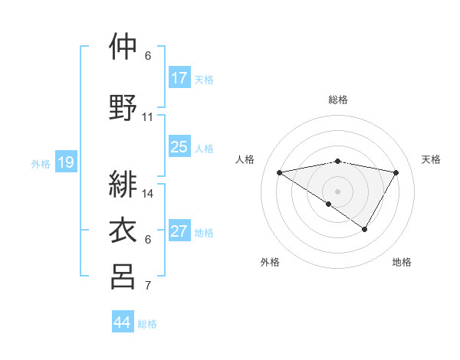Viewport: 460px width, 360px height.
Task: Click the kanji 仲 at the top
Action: (x=123, y=47)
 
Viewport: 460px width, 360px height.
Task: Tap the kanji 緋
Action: (x=123, y=185)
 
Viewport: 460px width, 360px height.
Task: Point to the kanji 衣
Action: (x=123, y=230)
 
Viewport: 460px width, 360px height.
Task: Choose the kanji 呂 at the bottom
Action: (x=123, y=276)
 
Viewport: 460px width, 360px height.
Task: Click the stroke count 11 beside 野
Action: (x=148, y=117)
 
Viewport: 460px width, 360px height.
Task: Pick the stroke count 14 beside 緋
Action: (x=148, y=194)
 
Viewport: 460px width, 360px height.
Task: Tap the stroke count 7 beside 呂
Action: (x=148, y=286)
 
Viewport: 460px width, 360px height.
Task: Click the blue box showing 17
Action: (x=179, y=78)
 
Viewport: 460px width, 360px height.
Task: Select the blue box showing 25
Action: (x=179, y=147)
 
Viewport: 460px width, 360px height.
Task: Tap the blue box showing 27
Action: (x=179, y=231)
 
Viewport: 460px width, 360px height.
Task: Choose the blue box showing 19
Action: (x=65, y=162)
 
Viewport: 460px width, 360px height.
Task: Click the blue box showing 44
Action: (x=123, y=322)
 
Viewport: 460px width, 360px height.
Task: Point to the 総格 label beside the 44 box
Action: (x=147, y=324)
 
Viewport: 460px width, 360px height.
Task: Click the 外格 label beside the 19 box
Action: (x=41, y=163)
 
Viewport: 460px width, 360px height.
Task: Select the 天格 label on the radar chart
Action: (x=431, y=159)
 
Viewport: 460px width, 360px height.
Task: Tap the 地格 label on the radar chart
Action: (x=402, y=263)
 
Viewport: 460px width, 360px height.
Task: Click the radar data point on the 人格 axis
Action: (x=280, y=172)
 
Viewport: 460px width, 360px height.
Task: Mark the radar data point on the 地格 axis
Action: (x=365, y=229)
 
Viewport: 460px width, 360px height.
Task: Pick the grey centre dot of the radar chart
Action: (x=337, y=190)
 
